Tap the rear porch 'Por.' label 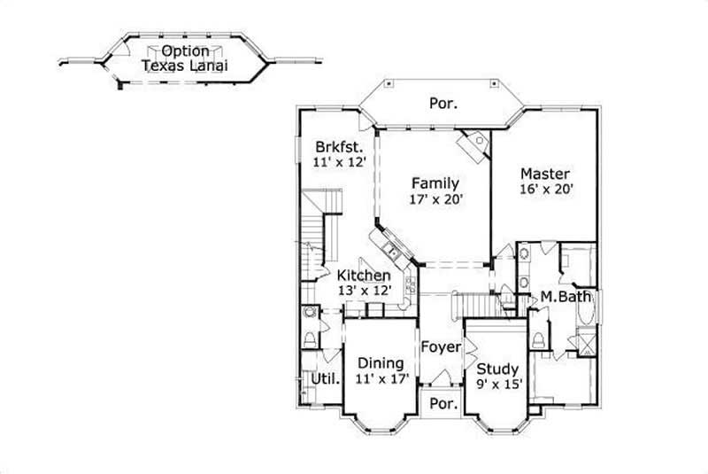click(443, 104)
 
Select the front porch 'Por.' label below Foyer click(442, 403)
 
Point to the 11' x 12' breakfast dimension click(340, 163)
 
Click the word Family click(435, 183)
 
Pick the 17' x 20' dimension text click(435, 200)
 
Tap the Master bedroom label click(544, 174)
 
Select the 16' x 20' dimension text click(544, 190)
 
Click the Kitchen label click(363, 276)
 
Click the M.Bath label click(566, 297)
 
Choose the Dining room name click(381, 363)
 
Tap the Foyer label click(441, 346)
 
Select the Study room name click(497, 369)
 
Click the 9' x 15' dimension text click(497, 385)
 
